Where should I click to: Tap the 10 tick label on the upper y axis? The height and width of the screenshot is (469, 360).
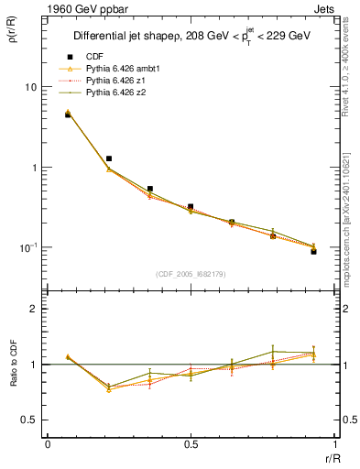(x=29, y=87)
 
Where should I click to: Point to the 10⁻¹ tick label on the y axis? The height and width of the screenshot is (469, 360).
(x=27, y=247)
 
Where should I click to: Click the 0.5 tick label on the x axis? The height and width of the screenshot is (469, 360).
(x=191, y=444)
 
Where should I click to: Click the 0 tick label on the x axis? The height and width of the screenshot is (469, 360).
(x=48, y=444)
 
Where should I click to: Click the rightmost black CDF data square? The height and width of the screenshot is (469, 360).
(x=313, y=251)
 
